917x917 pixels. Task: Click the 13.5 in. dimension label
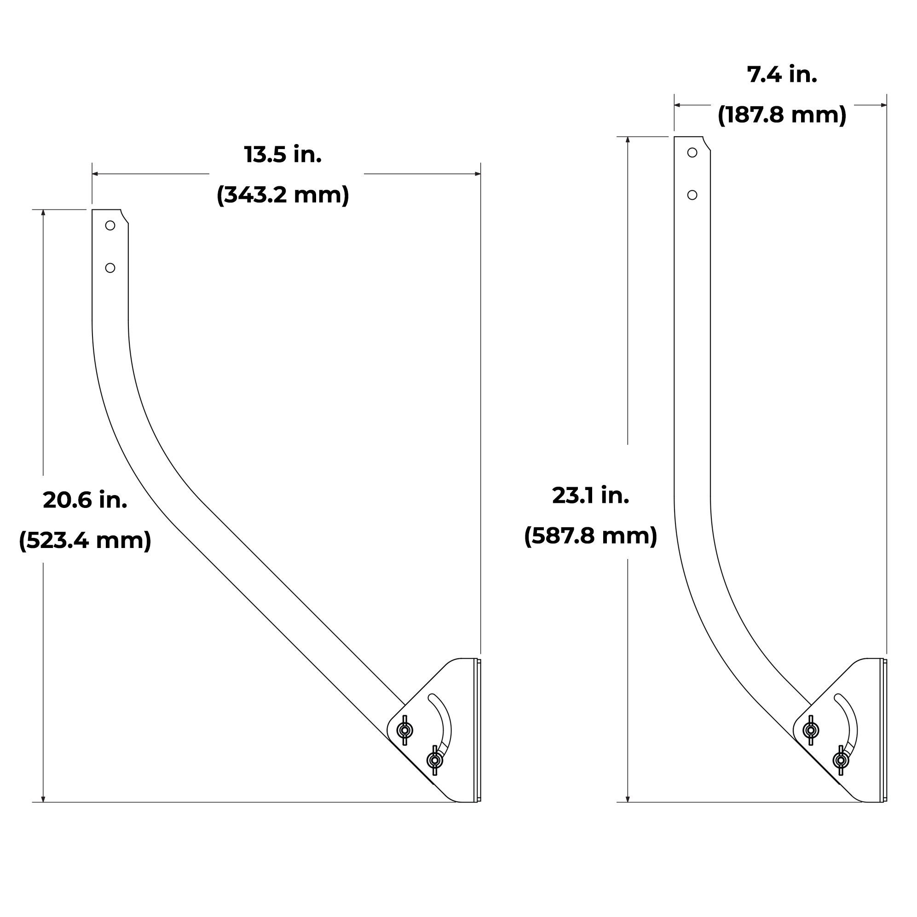[x=283, y=155]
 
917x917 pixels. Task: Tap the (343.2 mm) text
[x=283, y=195]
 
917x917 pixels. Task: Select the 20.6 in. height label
[x=85, y=500]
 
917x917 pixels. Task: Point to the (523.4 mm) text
[x=85, y=540]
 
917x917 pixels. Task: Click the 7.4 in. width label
[x=782, y=75]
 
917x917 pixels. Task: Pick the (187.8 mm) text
[x=782, y=115]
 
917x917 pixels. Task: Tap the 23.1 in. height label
[x=590, y=496]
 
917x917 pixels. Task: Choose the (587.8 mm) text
[x=590, y=536]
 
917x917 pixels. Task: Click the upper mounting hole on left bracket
[x=110, y=225]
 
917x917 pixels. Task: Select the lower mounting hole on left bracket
[x=110, y=268]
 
